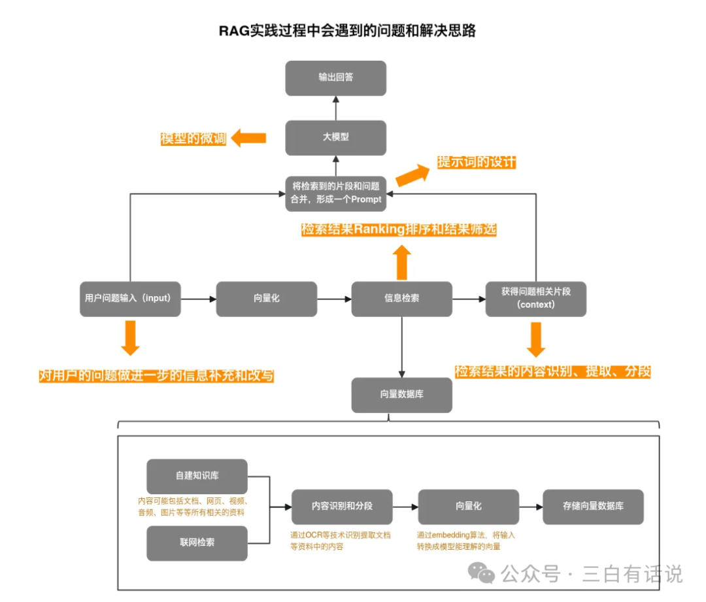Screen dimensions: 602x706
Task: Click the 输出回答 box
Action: click(x=336, y=78)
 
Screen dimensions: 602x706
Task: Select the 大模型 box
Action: click(x=336, y=137)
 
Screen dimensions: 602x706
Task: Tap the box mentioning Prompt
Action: click(x=336, y=193)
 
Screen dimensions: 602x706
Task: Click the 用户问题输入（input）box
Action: click(x=130, y=299)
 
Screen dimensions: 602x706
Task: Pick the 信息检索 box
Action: click(x=401, y=299)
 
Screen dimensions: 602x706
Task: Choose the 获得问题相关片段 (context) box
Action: click(x=535, y=299)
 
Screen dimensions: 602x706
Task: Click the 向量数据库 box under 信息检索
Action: click(x=401, y=395)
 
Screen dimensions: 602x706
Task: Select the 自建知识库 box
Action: click(x=197, y=476)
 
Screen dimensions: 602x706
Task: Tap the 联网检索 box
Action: click(x=197, y=543)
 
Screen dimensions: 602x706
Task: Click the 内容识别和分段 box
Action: click(x=342, y=507)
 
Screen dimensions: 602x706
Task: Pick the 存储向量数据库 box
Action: click(x=593, y=507)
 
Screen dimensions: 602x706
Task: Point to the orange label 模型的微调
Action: click(x=193, y=139)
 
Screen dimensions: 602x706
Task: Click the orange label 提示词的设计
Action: click(x=477, y=162)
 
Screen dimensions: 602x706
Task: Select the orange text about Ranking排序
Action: click(x=399, y=230)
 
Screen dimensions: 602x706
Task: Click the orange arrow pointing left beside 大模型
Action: click(x=250, y=138)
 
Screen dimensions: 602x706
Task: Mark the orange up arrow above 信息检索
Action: click(x=402, y=262)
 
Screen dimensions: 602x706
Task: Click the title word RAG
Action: click(x=234, y=31)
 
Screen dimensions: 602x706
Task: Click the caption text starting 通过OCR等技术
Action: click(x=341, y=540)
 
